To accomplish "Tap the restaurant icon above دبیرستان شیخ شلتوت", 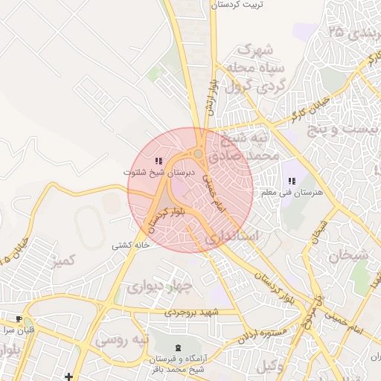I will coord(158,161).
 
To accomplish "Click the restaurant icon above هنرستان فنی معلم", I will coord(292,181).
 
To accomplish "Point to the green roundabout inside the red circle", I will coord(199,154).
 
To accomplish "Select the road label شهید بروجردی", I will coord(193,313).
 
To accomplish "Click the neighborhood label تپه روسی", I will coord(122,340).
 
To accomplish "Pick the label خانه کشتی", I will coord(132,245).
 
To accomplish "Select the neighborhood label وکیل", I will coord(269,365).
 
